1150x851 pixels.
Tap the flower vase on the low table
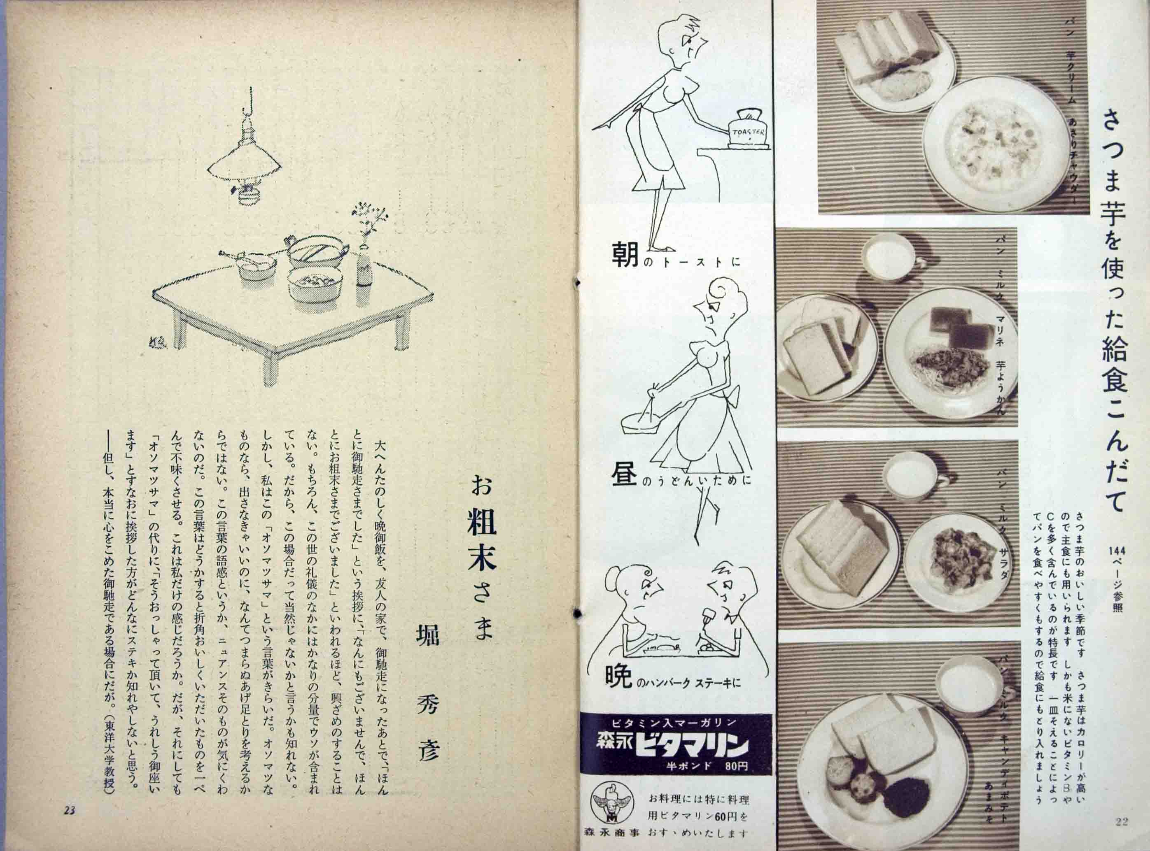364,263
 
